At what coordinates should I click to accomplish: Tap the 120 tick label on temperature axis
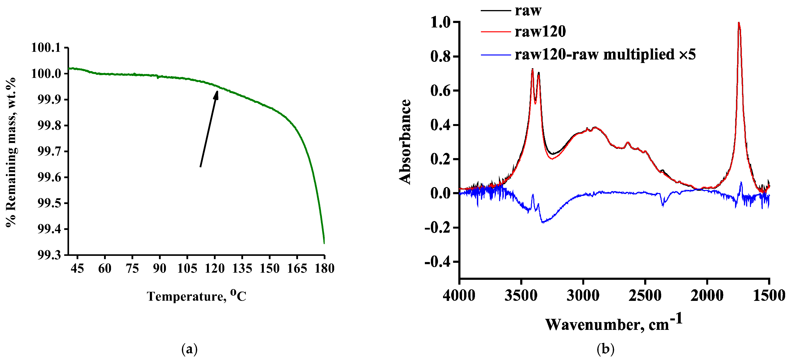click(214, 268)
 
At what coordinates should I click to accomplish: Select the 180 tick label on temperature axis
click(324, 268)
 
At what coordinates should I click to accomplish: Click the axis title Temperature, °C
click(196, 296)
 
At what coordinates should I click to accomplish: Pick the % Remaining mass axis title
click(11, 152)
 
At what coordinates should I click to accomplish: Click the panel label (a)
click(189, 349)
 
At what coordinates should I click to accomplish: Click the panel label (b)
click(605, 349)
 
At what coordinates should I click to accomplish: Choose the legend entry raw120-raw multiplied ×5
click(605, 54)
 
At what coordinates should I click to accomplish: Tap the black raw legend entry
click(528, 10)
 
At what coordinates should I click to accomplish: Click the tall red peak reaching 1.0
click(739, 23)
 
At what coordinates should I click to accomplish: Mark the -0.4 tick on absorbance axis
click(437, 262)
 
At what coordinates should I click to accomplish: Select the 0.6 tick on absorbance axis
click(441, 91)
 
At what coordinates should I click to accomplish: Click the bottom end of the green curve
click(324, 243)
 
